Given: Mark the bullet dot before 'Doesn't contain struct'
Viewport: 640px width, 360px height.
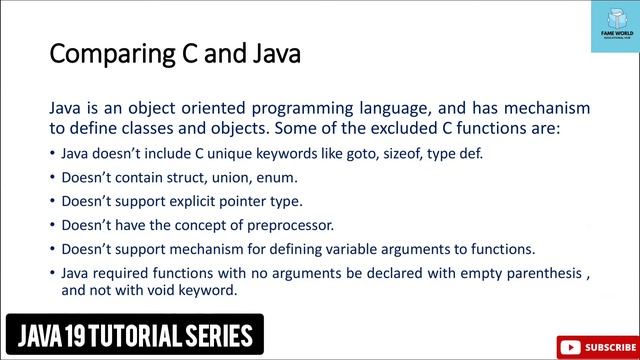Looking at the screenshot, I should point(52,178).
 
